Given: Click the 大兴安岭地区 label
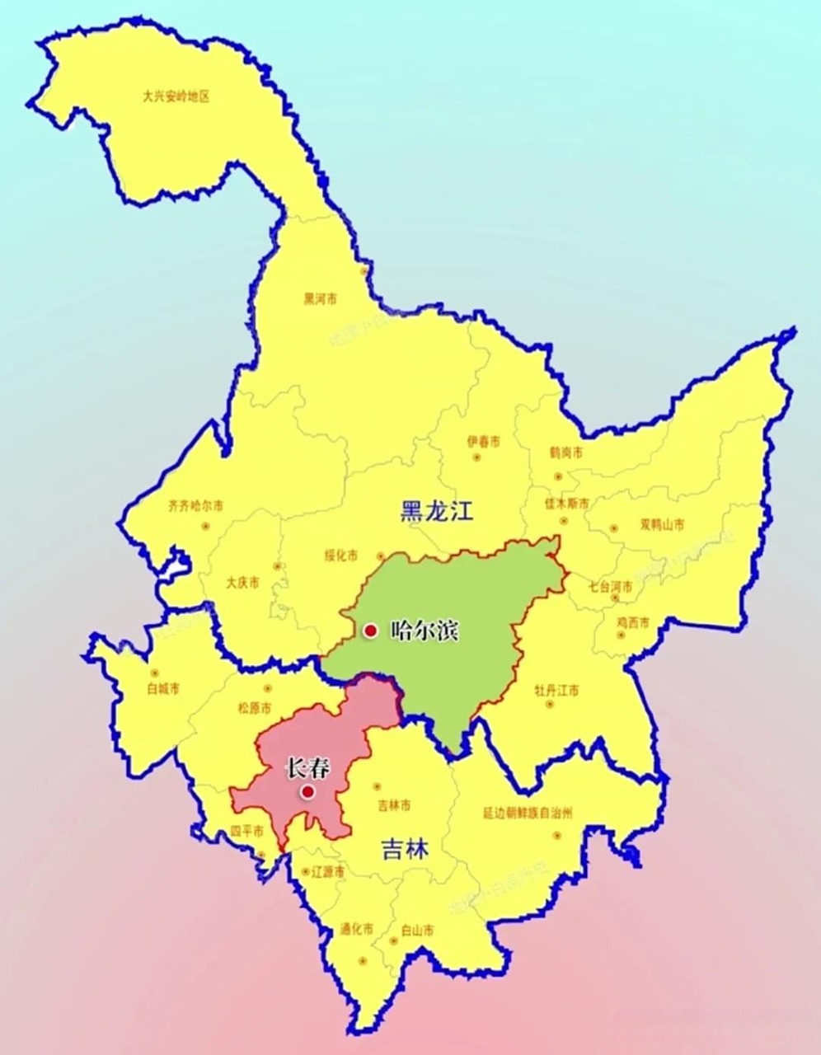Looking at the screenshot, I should [x=176, y=96].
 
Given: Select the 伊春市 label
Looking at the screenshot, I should [x=483, y=442].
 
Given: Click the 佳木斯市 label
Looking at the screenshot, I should [x=567, y=503].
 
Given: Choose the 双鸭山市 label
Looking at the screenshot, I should [x=662, y=524].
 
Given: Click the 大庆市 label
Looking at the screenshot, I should [x=242, y=582].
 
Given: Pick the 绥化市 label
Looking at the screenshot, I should [x=340, y=556].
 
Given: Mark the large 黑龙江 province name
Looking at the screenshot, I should [x=437, y=512].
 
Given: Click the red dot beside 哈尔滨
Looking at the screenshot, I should [x=371, y=631].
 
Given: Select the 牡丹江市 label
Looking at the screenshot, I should [x=556, y=690].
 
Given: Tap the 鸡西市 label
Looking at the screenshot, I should [x=633, y=621].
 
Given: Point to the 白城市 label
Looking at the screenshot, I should [x=162, y=688].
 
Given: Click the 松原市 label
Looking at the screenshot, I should [x=254, y=707].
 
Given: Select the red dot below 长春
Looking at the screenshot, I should [x=307, y=792].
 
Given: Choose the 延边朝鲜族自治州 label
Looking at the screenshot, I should [x=528, y=813].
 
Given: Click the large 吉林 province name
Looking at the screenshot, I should [x=406, y=850].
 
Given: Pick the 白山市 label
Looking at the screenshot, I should [x=417, y=930].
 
